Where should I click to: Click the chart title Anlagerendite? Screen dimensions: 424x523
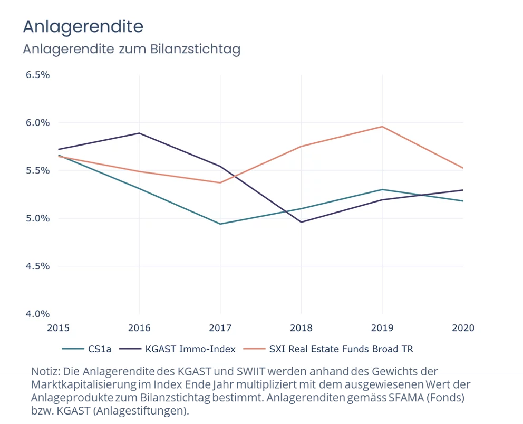(x=83, y=26)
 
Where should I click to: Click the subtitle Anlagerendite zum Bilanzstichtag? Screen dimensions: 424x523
(x=131, y=50)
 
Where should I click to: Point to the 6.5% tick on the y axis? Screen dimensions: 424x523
(x=37, y=75)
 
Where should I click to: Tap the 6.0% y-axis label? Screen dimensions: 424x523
(x=37, y=123)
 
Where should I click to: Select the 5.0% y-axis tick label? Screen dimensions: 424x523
(x=37, y=218)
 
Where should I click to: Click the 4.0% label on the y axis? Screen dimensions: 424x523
(x=37, y=314)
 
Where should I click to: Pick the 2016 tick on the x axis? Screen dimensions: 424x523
(x=139, y=328)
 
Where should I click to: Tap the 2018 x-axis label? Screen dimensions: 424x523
(x=301, y=328)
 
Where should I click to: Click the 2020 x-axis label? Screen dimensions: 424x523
(x=463, y=328)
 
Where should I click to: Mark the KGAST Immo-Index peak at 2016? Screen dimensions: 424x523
(x=139, y=133)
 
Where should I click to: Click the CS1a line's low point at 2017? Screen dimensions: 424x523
(x=220, y=224)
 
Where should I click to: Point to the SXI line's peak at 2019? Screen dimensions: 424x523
(x=382, y=127)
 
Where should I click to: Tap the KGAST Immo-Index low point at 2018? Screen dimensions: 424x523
(x=301, y=222)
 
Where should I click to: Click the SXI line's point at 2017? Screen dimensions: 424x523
(x=220, y=183)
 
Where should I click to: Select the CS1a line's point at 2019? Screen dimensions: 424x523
(x=382, y=189)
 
